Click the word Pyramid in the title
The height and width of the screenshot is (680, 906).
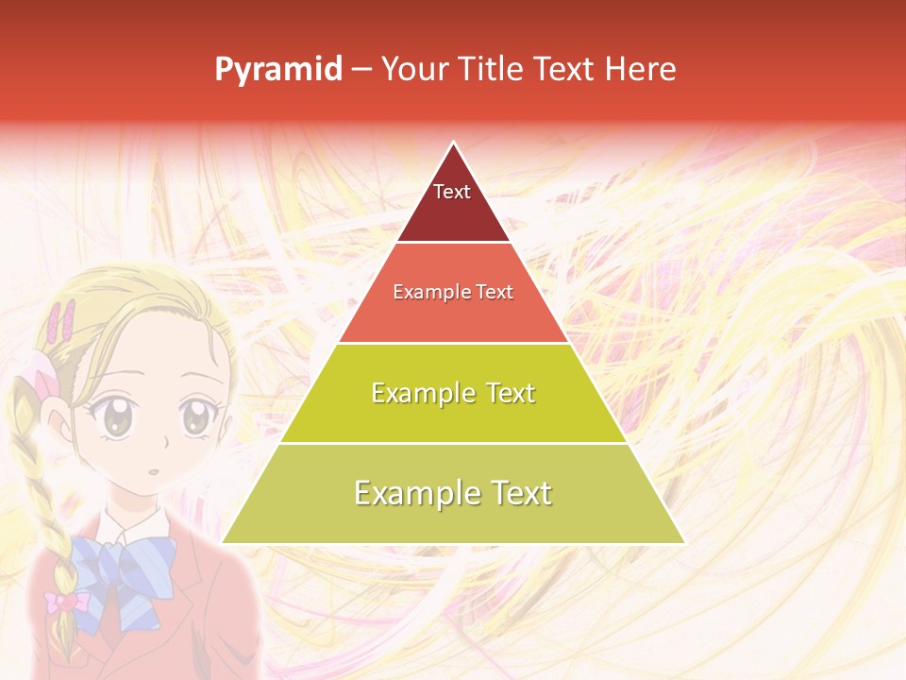point(277,70)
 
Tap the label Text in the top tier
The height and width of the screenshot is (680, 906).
point(451,192)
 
